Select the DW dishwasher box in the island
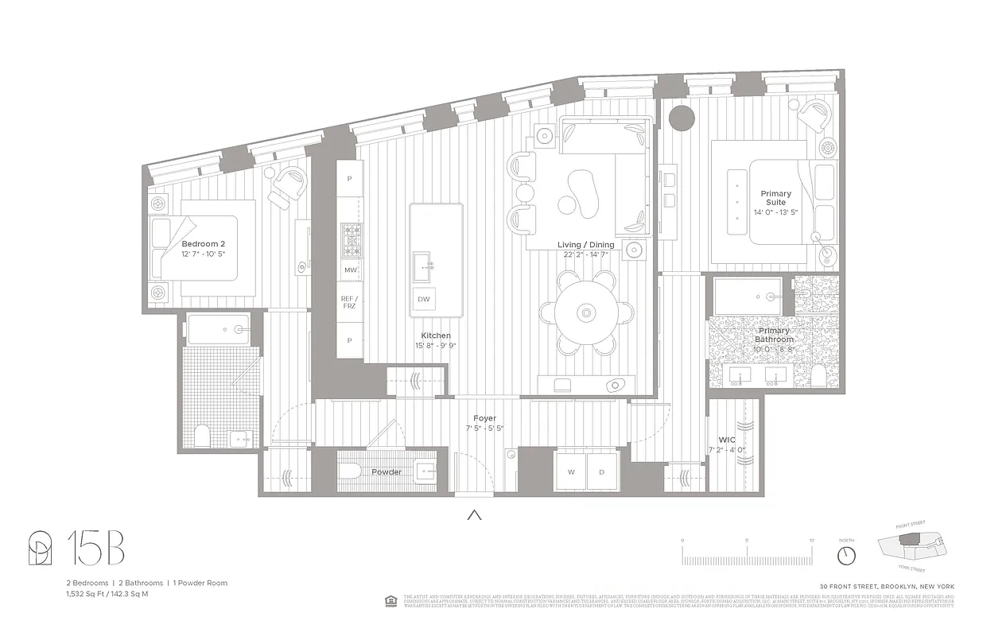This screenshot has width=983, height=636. click(x=423, y=299)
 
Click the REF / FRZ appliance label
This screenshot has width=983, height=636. click(x=350, y=303)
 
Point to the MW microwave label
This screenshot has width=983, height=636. click(x=350, y=270)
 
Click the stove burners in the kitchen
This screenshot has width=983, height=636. click(x=350, y=242)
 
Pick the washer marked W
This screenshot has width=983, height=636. click(x=571, y=471)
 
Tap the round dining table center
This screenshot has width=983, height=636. click(x=587, y=313)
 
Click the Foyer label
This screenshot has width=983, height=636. click(x=484, y=418)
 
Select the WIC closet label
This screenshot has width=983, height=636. click(x=726, y=440)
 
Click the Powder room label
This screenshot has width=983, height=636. click(x=387, y=472)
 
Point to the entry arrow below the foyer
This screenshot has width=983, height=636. click(x=475, y=514)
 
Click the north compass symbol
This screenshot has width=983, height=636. click(x=846, y=553)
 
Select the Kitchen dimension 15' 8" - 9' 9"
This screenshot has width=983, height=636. click(x=437, y=346)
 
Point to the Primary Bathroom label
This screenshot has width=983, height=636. click(x=775, y=335)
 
